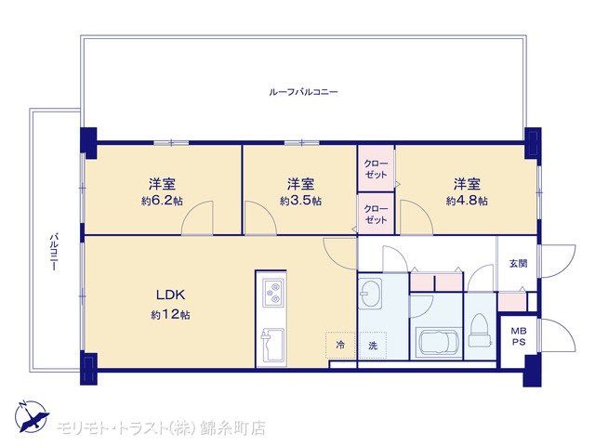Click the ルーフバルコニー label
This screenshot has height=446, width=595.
point(303,92)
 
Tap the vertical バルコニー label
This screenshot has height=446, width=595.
point(55,252)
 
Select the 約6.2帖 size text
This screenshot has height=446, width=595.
point(162,201)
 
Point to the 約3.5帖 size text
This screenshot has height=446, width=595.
point(300,201)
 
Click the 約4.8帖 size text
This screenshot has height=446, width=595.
point(467,201)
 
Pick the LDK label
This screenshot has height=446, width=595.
point(171,295)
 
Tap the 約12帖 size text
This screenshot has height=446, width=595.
point(170,314)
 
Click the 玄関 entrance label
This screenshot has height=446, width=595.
point(518,263)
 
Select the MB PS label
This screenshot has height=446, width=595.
point(519,336)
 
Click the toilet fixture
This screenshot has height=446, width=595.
point(481,330)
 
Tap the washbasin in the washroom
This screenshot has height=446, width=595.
point(371,293)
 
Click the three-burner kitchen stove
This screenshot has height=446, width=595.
point(273,293)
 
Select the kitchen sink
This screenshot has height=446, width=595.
point(271,345)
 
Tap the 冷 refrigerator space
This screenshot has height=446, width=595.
point(340,345)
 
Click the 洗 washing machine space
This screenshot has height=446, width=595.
point(373,345)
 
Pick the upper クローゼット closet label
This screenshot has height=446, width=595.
point(376,169)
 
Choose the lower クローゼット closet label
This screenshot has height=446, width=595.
point(376,215)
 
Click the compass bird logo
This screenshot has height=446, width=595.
point(32,416)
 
